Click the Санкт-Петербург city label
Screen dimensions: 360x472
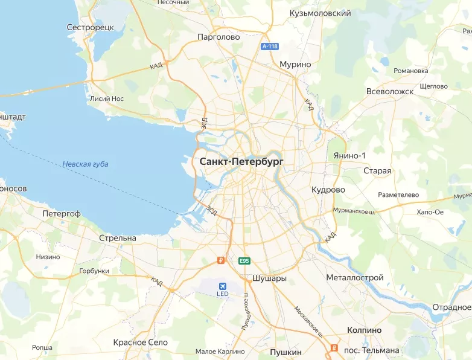241,162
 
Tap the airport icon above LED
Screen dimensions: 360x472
223,284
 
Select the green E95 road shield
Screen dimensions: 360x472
244,261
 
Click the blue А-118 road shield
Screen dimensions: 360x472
269,47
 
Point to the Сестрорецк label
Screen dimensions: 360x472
91,28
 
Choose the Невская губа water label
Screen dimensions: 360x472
85,164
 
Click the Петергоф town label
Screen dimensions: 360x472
62,214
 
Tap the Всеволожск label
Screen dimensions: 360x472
390,91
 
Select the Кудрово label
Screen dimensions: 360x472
328,190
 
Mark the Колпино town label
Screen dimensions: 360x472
365,330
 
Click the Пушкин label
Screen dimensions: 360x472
285,351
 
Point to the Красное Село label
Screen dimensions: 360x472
139,342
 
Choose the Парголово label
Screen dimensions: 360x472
218,37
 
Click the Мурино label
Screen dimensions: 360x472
295,64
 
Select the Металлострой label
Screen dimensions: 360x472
355,277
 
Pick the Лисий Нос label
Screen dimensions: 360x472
106,98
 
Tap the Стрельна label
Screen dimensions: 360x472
118,238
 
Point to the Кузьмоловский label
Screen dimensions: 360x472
321,13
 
